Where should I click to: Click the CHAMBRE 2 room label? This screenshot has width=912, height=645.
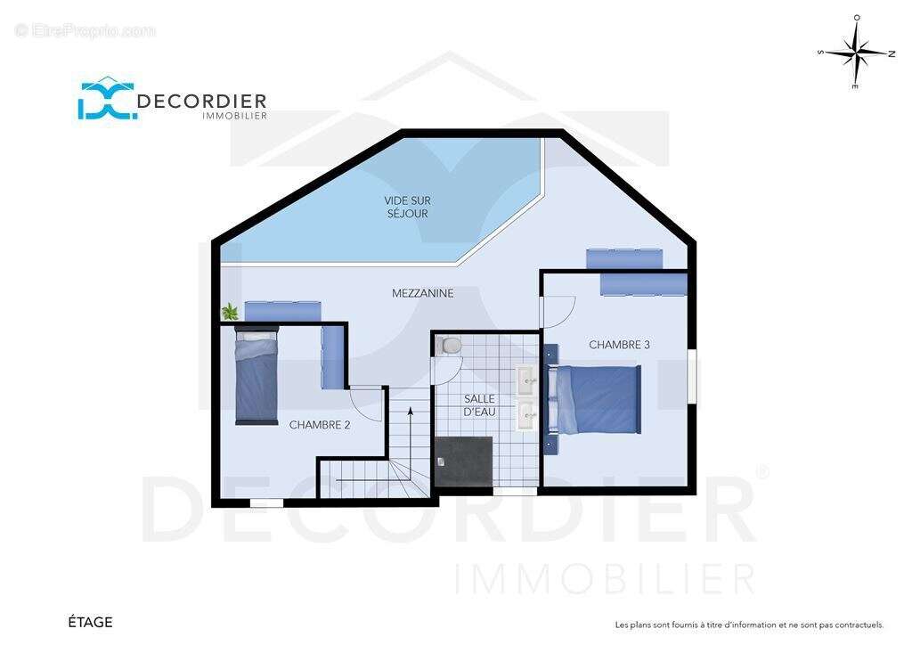coord(320,425)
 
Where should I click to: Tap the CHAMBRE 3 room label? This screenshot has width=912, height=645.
coord(619,345)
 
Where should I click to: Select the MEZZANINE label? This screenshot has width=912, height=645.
coord(423,293)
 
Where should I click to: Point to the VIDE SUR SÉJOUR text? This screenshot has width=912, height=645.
coord(408,207)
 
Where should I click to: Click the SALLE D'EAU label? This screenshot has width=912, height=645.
coord(480,405)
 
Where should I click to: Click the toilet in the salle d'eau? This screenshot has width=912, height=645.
coord(450,346)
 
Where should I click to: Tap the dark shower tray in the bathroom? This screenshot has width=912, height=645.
coord(463,461)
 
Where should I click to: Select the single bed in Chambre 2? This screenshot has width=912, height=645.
coord(256,375)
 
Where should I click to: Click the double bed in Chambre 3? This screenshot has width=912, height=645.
coord(594,400)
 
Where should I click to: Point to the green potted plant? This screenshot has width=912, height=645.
coord(231,312)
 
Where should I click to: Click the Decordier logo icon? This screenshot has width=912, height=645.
coord(108,99)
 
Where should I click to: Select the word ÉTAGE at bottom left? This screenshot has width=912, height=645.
coord(90,623)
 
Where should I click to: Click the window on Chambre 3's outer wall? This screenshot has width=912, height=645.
coord(692,376)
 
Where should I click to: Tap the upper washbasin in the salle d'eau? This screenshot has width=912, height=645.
coord(528,380)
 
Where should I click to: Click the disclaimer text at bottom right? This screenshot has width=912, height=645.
coord(749,625)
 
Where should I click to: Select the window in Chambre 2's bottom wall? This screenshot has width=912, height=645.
coord(266,502)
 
